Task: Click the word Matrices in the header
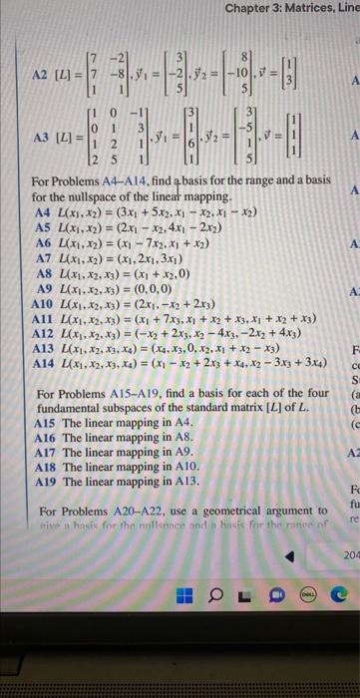click(x=308, y=9)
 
